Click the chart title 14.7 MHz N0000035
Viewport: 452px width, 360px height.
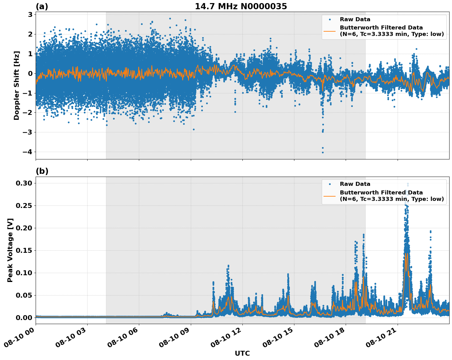point(241,6)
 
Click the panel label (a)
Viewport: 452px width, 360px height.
point(42,6)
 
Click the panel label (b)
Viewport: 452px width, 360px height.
point(42,171)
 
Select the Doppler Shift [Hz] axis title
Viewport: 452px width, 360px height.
point(17,85)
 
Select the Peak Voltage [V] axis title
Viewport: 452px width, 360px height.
point(10,250)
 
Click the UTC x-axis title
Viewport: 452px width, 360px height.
point(242,354)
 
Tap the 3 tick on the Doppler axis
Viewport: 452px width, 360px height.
point(30,15)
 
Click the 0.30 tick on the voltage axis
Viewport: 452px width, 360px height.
point(24,183)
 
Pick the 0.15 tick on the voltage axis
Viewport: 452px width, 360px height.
point(24,251)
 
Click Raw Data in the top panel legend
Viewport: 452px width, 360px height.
point(355,19)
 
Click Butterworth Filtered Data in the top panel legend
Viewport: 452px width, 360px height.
point(381,28)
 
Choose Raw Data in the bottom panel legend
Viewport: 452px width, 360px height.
point(355,184)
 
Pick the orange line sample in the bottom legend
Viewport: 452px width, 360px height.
point(329,196)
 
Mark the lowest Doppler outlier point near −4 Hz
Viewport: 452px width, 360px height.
point(323,152)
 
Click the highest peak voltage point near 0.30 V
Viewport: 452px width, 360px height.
point(408,184)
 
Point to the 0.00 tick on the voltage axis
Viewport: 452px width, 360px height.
point(24,318)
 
